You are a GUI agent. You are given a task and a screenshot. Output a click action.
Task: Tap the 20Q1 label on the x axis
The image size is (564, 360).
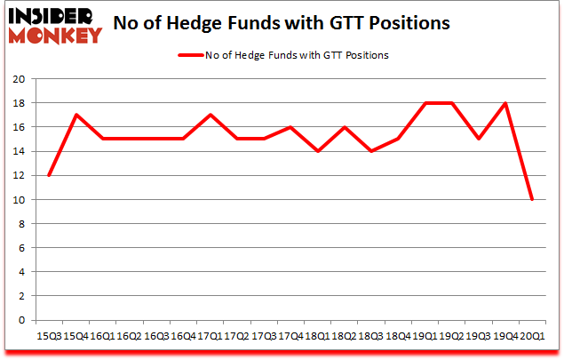pos(532,337)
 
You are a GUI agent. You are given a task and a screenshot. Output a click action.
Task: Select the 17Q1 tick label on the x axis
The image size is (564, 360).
pos(209,337)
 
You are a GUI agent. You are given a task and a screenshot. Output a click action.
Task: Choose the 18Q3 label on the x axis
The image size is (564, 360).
pos(370,337)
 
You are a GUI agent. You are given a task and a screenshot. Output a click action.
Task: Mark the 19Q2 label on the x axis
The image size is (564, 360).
pos(451,337)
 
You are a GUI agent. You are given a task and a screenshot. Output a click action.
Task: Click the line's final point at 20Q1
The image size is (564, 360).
pos(532,199)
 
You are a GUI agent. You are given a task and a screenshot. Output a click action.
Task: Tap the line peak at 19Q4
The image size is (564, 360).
pos(505,103)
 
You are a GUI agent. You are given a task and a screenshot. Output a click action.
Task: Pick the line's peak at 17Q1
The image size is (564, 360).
pos(209,115)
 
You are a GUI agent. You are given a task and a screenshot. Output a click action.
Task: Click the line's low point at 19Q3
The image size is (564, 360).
pos(478,139)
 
